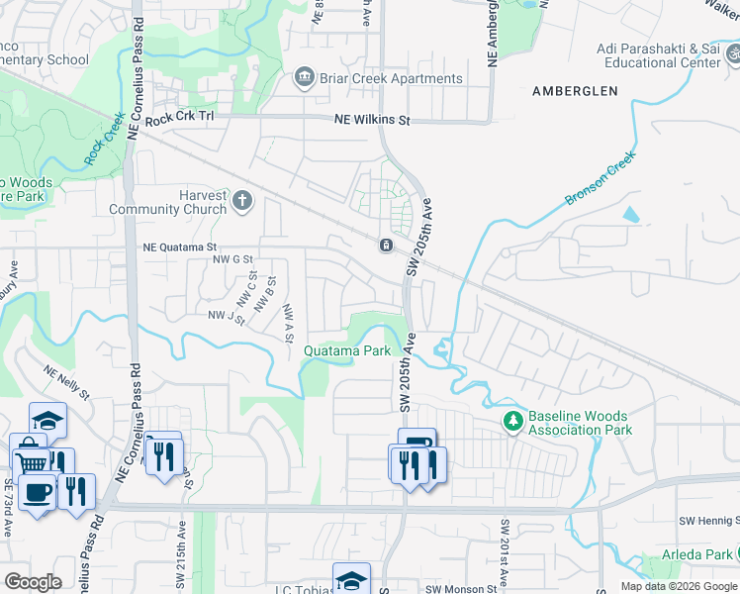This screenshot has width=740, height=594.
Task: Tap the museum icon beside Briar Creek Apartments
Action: [x=305, y=78]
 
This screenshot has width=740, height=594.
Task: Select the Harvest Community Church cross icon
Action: [x=243, y=203]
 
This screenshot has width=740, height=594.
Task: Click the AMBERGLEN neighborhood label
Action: [x=575, y=91]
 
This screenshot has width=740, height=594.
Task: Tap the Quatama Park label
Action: [x=346, y=350]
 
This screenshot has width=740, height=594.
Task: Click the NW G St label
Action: [x=221, y=259]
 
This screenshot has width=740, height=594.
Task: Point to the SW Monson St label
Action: [x=461, y=589]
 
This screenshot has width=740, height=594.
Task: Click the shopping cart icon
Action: [x=31, y=461]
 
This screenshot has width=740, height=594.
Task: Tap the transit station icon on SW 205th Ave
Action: [x=385, y=246]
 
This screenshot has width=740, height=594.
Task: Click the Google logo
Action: [x=34, y=582]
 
